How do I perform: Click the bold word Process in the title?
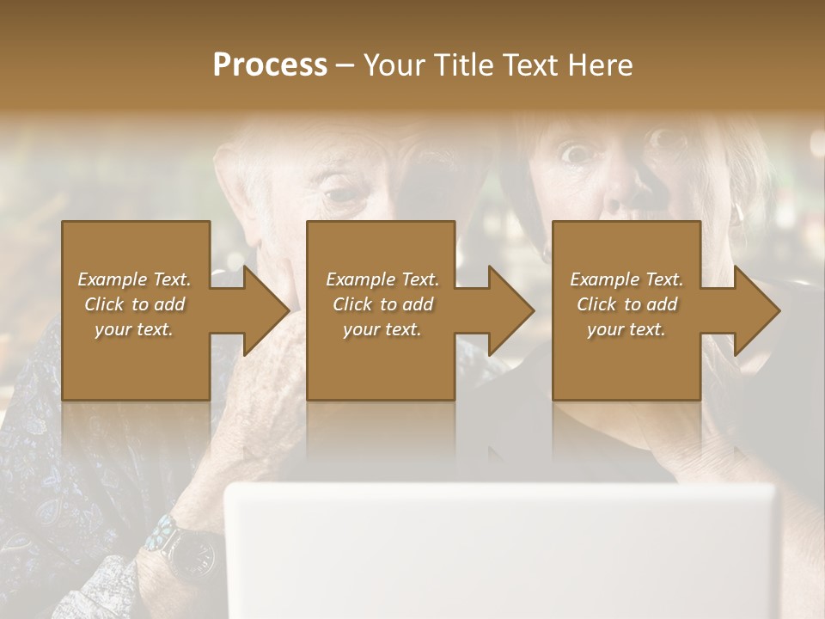pyautogui.click(x=270, y=65)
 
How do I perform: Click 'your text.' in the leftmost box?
pyautogui.click(x=134, y=329)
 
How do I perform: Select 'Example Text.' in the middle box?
pyautogui.click(x=382, y=279)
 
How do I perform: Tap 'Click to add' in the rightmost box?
pyautogui.click(x=627, y=304)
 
